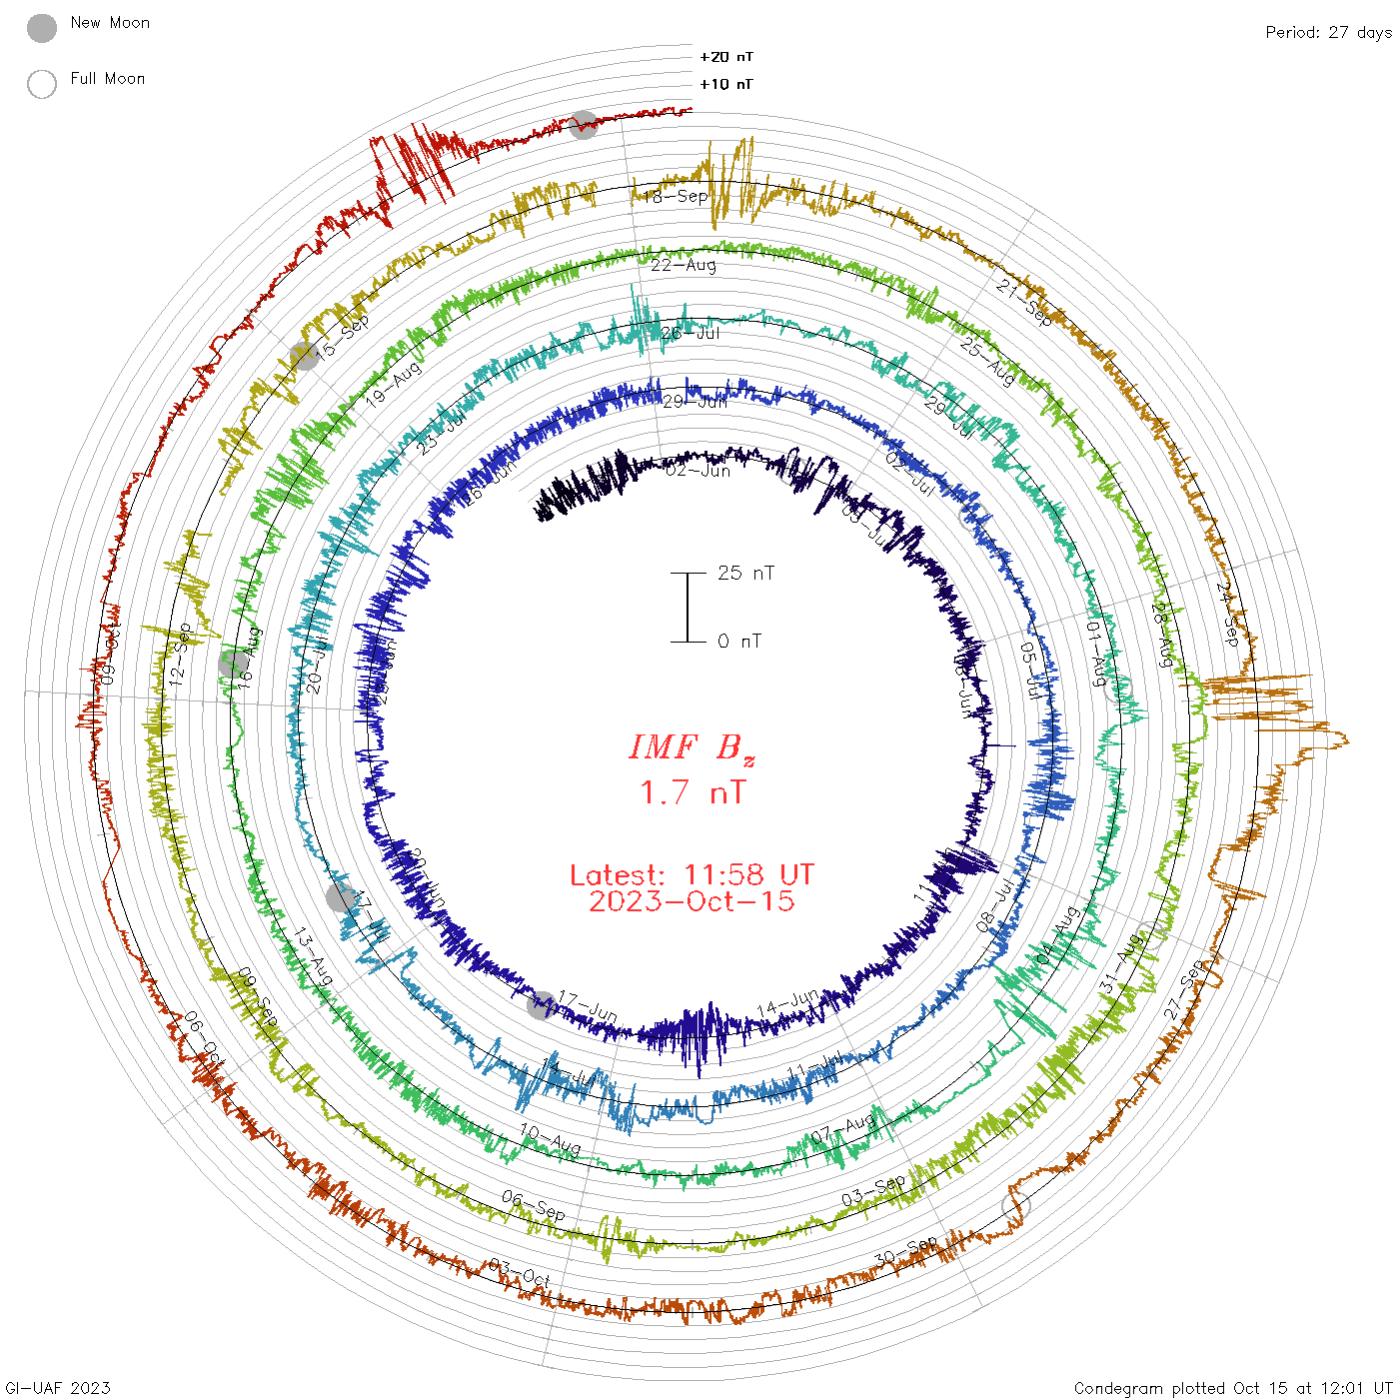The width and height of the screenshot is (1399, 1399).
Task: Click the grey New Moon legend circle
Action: click(42, 29)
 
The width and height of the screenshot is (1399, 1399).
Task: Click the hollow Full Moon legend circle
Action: click(42, 85)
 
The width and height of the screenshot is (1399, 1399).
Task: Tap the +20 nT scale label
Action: click(726, 57)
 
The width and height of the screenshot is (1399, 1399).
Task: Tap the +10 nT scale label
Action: click(726, 84)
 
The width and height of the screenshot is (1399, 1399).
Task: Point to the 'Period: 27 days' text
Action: click(1328, 32)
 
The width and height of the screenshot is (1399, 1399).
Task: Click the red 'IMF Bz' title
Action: click(692, 747)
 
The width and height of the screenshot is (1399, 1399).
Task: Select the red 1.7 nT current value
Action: click(692, 792)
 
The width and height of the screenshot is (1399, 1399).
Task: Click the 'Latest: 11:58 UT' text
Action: click(692, 875)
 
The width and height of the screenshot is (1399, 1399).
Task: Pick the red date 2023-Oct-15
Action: click(692, 901)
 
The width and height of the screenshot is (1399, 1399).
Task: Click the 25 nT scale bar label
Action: click(745, 573)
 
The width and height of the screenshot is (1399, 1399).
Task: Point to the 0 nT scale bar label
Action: click(739, 641)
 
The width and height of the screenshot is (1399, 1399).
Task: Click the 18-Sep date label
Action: click(676, 196)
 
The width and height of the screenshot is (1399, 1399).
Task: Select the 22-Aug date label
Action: click(684, 265)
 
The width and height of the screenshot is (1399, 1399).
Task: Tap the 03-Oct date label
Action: click(520, 1274)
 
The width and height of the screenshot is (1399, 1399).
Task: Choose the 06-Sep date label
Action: click(533, 1205)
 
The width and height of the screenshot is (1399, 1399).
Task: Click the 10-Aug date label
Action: click(550, 1139)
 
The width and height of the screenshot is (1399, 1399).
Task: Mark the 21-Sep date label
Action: click(1024, 303)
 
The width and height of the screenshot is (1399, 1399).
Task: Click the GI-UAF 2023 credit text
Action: click(56, 1388)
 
